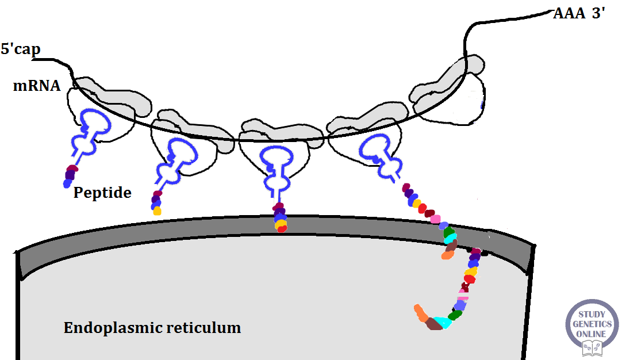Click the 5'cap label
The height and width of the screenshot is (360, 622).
click(21, 49)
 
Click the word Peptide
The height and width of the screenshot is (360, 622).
click(102, 193)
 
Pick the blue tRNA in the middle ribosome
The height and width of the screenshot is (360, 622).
click(277, 164)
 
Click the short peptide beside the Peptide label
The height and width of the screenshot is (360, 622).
click(70, 175)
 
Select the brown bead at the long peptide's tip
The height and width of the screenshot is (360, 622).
click(434, 324)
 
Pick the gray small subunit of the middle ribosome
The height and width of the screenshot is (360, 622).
click(282, 131)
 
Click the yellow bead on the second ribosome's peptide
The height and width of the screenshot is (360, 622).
click(157, 210)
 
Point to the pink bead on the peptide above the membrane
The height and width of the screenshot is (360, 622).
click(435, 219)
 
